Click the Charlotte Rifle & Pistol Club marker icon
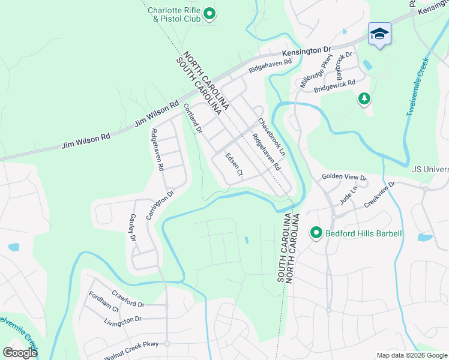[x=209, y=13]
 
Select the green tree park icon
[x=363, y=98]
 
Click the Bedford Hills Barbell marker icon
[x=316, y=233]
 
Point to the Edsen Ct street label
[x=234, y=165]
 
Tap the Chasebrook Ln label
[x=271, y=137]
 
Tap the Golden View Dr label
[x=344, y=177]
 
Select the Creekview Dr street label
[x=381, y=195]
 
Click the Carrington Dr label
[x=160, y=204]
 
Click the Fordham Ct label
[x=103, y=301]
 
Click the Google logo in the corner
[x=20, y=353]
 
